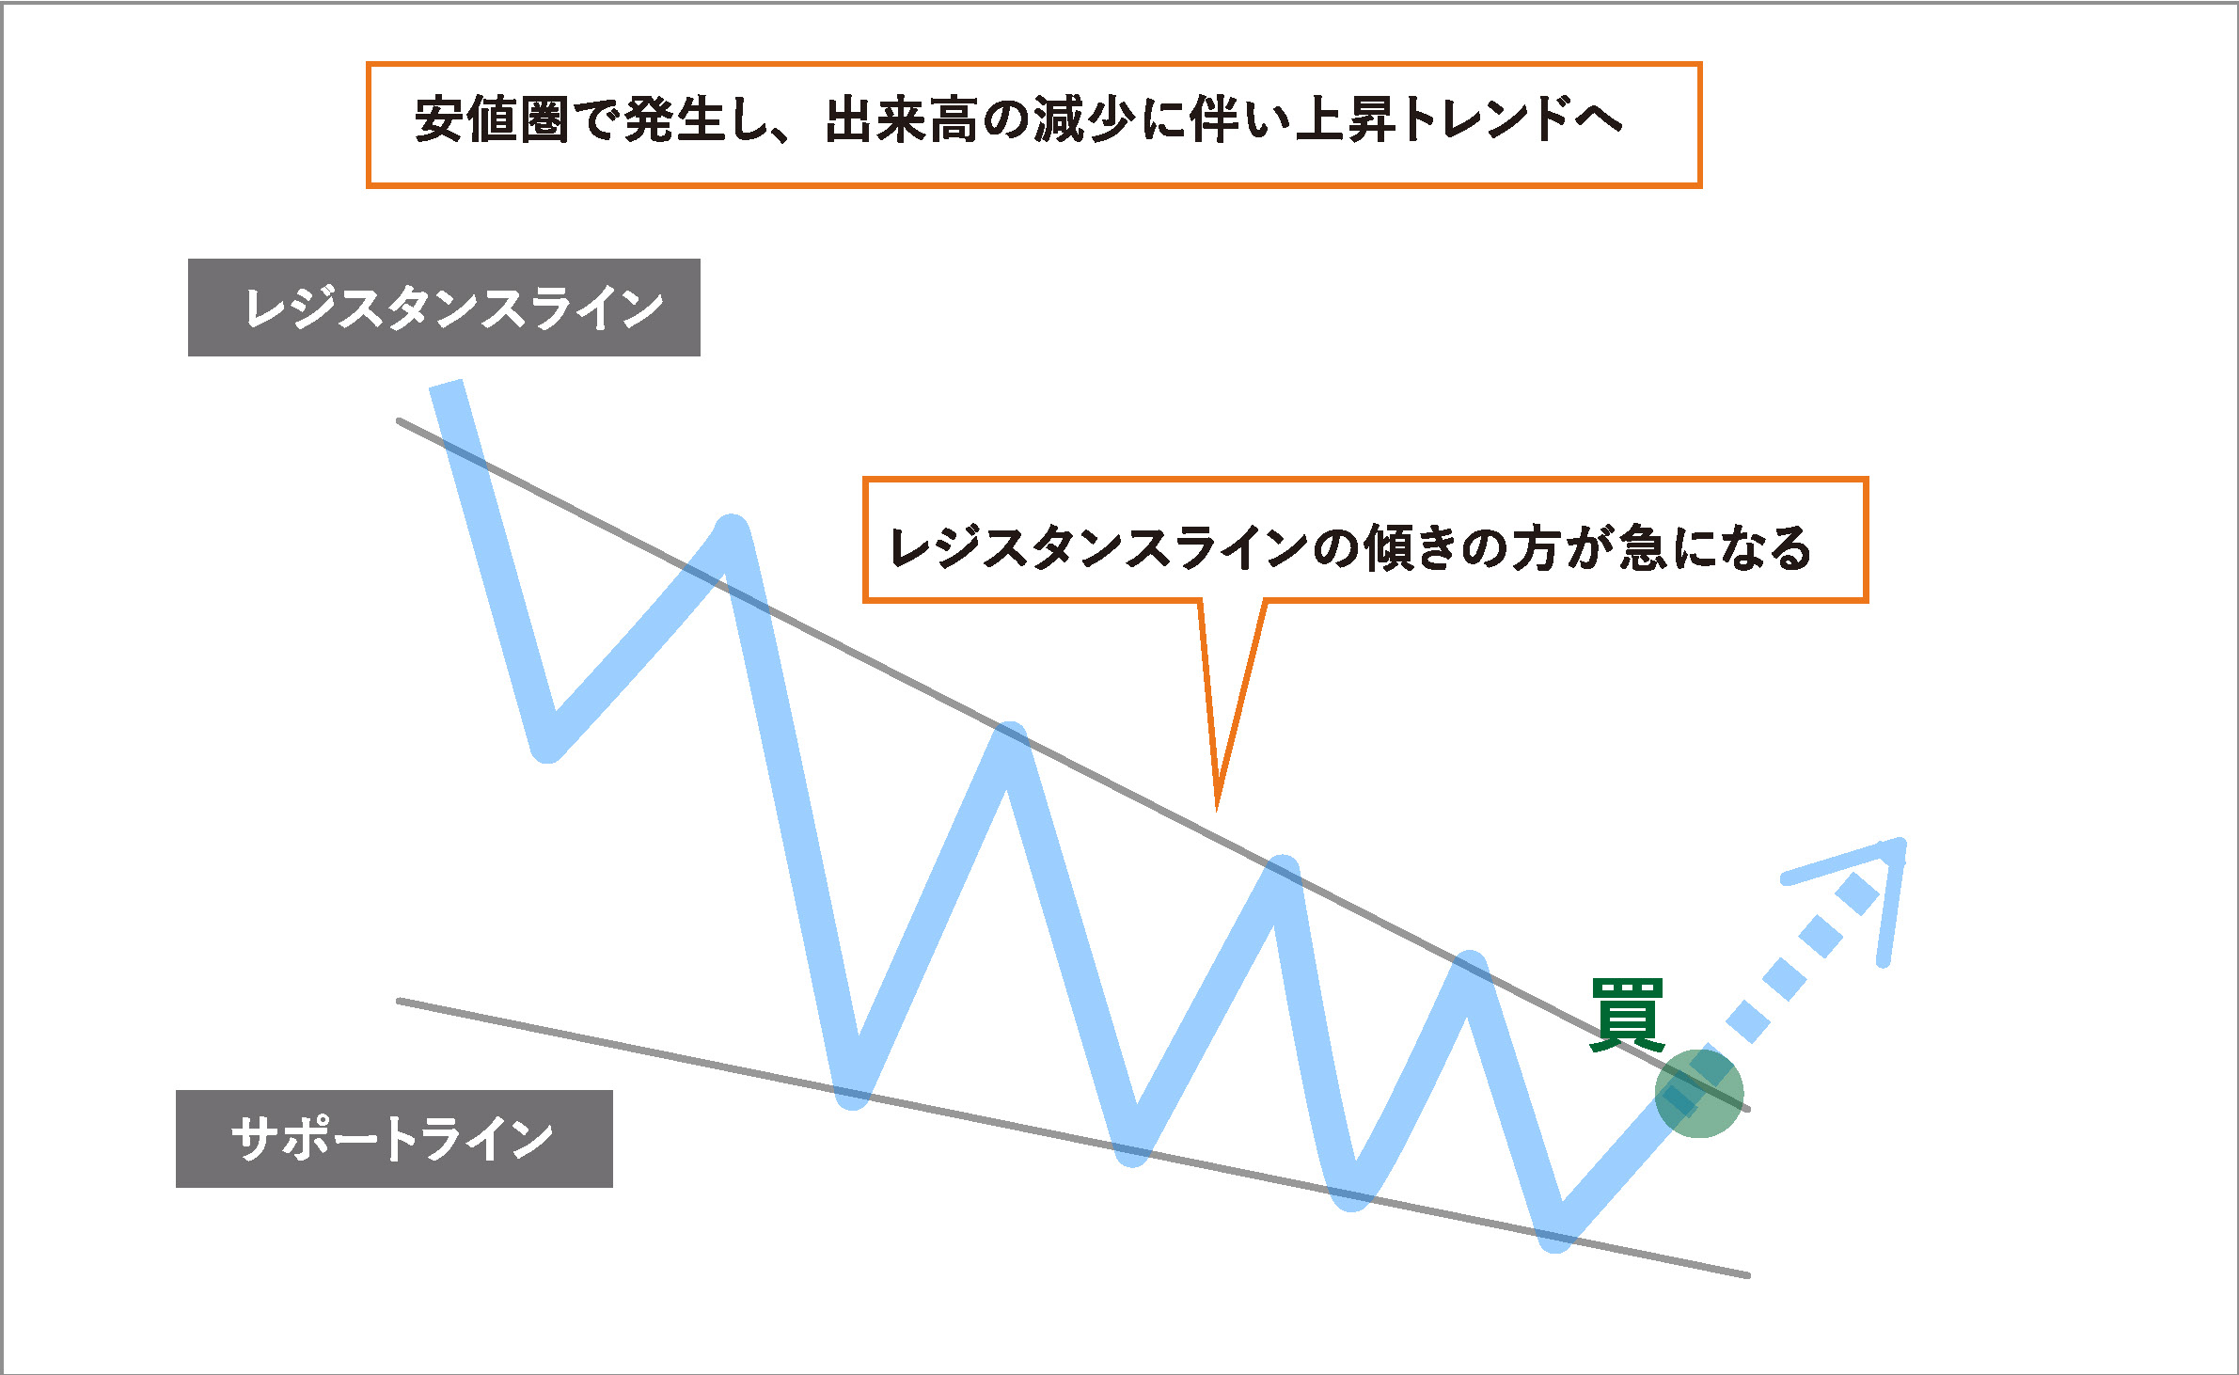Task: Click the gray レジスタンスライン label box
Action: click(444, 308)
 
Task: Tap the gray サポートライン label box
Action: click(394, 1138)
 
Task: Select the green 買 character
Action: click(1627, 1015)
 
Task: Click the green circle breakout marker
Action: click(1698, 1093)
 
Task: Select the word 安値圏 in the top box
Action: click(491, 121)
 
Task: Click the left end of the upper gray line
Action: click(400, 421)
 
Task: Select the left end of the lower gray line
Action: click(400, 1001)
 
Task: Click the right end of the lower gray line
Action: click(1747, 1275)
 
